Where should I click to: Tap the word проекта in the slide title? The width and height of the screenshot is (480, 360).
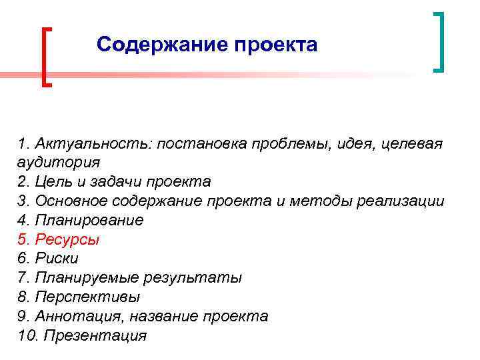pyautogui.click(x=275, y=45)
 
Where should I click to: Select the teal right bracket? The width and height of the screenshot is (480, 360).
pyautogui.click(x=438, y=41)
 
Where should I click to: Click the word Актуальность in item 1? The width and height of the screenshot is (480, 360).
pyautogui.click(x=93, y=143)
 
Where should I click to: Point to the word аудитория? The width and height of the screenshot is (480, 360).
pyautogui.click(x=59, y=163)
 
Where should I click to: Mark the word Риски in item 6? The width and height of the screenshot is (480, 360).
pyautogui.click(x=59, y=259)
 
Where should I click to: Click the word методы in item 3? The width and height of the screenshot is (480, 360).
pyautogui.click(x=311, y=201)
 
